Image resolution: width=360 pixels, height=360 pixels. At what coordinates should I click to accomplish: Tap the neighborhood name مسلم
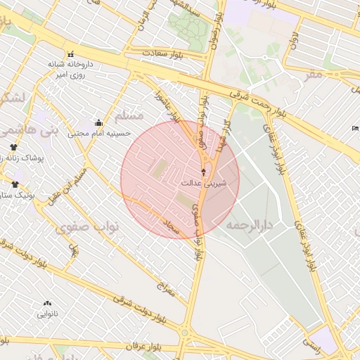(128, 115)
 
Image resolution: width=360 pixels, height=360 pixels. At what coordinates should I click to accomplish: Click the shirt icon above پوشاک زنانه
(13, 147)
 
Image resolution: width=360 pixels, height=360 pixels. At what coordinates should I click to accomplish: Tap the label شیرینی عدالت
(204, 184)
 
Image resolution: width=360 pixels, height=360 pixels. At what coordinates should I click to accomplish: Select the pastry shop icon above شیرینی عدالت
(204, 172)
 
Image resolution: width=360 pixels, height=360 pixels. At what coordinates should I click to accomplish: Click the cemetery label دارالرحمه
(250, 225)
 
